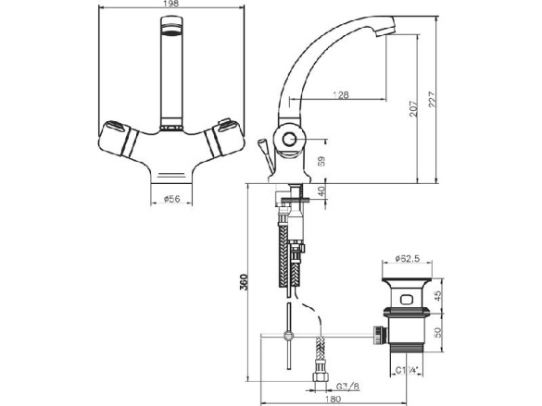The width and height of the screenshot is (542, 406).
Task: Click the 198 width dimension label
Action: coord(171,4)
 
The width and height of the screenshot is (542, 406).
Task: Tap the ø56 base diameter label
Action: coord(171,199)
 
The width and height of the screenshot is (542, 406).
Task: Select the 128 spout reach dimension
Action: coord(341,95)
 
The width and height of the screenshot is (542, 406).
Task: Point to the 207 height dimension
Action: coord(414,108)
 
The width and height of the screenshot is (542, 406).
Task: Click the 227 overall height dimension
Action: coord(433,100)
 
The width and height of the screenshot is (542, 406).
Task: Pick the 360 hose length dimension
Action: coord(244,282)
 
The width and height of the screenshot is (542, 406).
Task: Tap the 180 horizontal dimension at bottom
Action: coord(334,400)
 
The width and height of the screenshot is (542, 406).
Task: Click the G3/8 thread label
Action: coord(347,387)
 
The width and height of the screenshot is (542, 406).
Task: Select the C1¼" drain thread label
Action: coord(407,371)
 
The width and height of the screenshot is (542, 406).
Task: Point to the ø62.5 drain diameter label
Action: coord(407,258)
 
